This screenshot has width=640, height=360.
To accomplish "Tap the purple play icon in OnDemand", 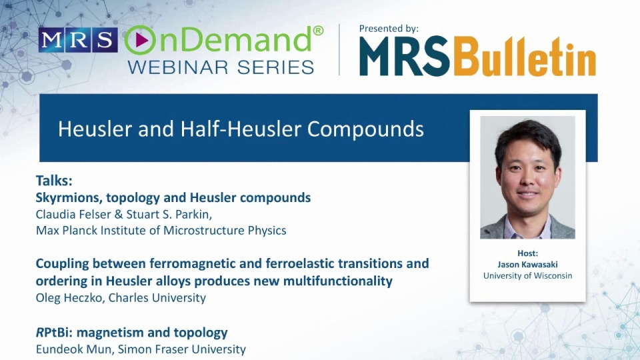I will pyautogui.click(x=140, y=41).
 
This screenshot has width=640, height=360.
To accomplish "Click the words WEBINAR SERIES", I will pyautogui.click(x=220, y=67).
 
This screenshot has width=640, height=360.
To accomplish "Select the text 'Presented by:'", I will pyautogui.click(x=389, y=29).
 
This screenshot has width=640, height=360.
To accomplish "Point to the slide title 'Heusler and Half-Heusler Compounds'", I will pyautogui.click(x=241, y=128).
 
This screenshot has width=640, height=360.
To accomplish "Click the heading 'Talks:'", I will pyautogui.click(x=54, y=181).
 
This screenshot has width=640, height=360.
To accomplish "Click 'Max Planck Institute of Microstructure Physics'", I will pyautogui.click(x=161, y=231).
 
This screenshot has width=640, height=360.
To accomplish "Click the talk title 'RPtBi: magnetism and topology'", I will pyautogui.click(x=131, y=332).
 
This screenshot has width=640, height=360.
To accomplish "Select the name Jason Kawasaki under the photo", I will pyautogui.click(x=527, y=265).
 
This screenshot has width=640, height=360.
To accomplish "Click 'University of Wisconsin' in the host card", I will pyautogui.click(x=527, y=275).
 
